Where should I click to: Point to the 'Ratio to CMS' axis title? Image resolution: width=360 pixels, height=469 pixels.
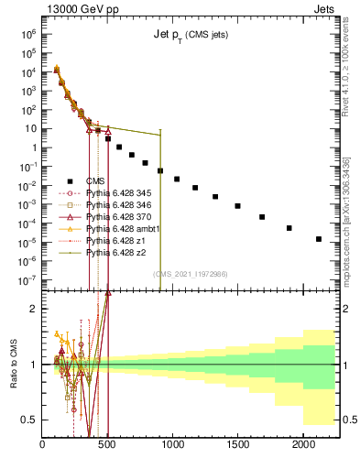[x=14, y=364]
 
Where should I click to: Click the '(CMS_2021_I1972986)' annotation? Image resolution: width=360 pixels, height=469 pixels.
[x=190, y=273]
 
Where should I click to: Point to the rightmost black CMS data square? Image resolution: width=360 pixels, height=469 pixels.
[x=319, y=239]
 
